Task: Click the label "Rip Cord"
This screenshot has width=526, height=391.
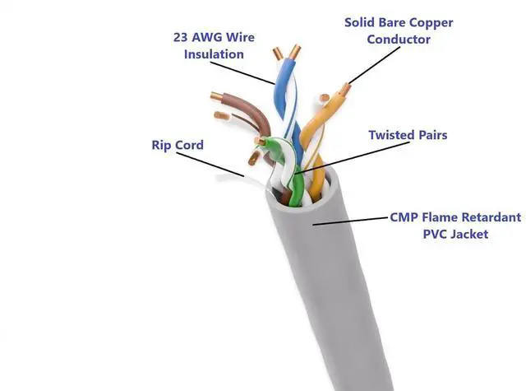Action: tap(178, 145)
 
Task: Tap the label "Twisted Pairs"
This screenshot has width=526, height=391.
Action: tap(408, 134)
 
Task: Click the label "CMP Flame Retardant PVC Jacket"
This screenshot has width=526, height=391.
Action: tap(454, 226)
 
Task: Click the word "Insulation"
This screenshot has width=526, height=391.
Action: tap(214, 54)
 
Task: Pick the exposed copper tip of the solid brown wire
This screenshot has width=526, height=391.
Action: tap(215, 95)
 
